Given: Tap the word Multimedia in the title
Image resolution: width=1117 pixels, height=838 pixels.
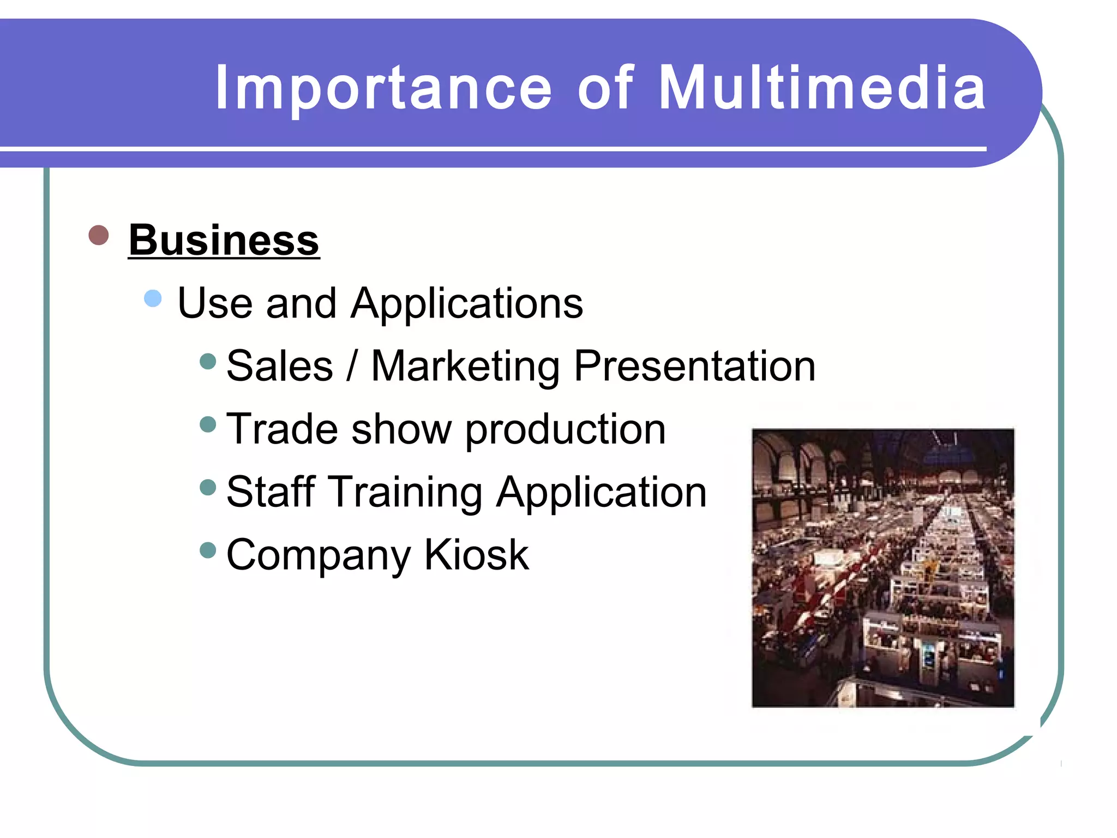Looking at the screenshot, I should click(822, 87).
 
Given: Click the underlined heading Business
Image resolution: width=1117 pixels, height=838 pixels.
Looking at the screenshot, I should click(224, 240).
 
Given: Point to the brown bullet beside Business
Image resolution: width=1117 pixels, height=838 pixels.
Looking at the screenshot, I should click(99, 236).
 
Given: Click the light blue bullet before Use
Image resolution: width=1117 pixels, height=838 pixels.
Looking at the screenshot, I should click(153, 298).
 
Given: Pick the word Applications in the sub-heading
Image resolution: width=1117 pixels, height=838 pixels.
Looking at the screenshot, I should click(467, 304).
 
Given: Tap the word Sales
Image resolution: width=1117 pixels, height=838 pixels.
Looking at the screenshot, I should click(280, 366).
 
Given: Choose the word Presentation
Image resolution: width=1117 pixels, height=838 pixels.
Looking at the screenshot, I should click(695, 366).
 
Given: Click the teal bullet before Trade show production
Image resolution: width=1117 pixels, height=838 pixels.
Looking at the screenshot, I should click(208, 424).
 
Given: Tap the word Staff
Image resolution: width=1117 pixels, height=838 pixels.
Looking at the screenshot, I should click(271, 492).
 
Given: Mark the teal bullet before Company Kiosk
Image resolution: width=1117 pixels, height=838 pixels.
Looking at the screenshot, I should click(208, 550).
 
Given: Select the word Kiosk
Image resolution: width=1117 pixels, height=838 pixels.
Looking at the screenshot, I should click(476, 555).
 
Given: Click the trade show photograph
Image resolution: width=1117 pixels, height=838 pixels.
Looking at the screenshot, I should click(882, 568).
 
